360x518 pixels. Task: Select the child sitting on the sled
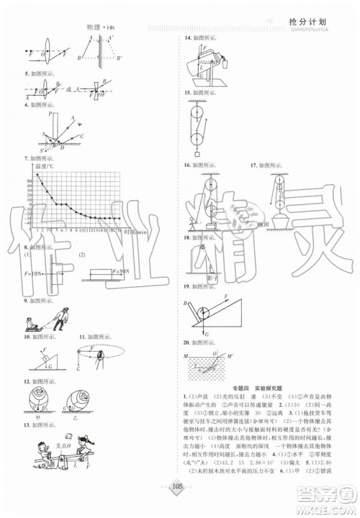pos(35,321)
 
